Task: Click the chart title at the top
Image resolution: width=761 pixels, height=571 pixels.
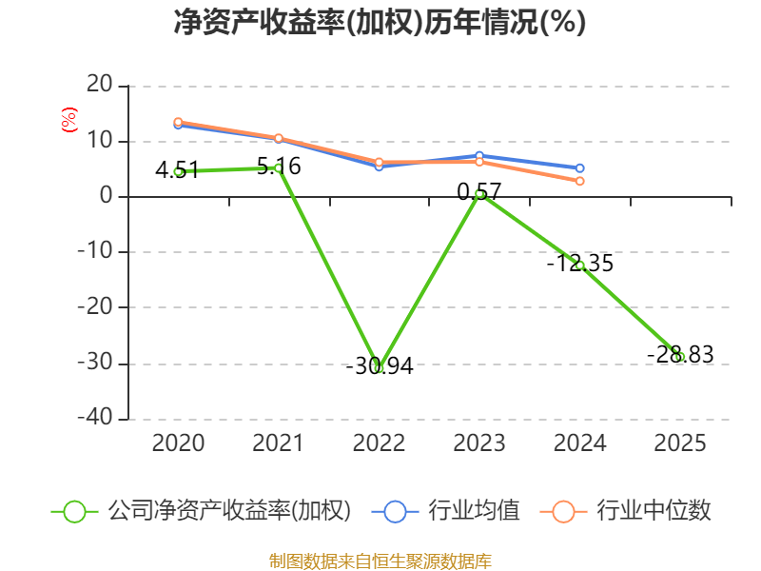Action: pos(380,22)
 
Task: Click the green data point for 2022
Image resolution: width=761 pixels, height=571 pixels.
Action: pos(379,367)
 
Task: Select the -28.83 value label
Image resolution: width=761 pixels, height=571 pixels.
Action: pos(680,354)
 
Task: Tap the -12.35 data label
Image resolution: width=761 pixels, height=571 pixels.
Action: pos(580,264)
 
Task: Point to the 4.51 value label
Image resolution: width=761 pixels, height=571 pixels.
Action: pos(177,170)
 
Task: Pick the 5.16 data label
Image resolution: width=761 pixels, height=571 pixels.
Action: pos(279,167)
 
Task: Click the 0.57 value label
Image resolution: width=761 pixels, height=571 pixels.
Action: pos(479,192)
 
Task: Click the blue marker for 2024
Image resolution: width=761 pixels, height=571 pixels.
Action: pos(579,168)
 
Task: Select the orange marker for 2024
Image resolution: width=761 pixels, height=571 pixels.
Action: pos(579,181)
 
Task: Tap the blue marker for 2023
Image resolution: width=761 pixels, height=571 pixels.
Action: pos(479,156)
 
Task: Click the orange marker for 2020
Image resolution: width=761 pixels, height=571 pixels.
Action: pos(178,122)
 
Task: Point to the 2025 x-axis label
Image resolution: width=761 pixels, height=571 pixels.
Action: pos(680,443)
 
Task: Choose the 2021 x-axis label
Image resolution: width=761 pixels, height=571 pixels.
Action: pos(278,443)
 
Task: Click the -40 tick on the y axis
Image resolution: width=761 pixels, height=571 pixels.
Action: pos(95,418)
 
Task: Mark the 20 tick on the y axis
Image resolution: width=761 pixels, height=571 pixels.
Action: pos(100,85)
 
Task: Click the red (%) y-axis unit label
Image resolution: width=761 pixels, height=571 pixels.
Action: pos(69,120)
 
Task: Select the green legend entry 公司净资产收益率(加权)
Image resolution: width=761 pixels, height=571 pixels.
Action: pos(201,511)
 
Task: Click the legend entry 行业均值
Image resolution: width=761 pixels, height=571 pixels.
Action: pos(445,511)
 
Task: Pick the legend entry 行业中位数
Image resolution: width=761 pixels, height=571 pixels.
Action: pos(625,511)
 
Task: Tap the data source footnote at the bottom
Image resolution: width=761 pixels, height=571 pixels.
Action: pos(380,561)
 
